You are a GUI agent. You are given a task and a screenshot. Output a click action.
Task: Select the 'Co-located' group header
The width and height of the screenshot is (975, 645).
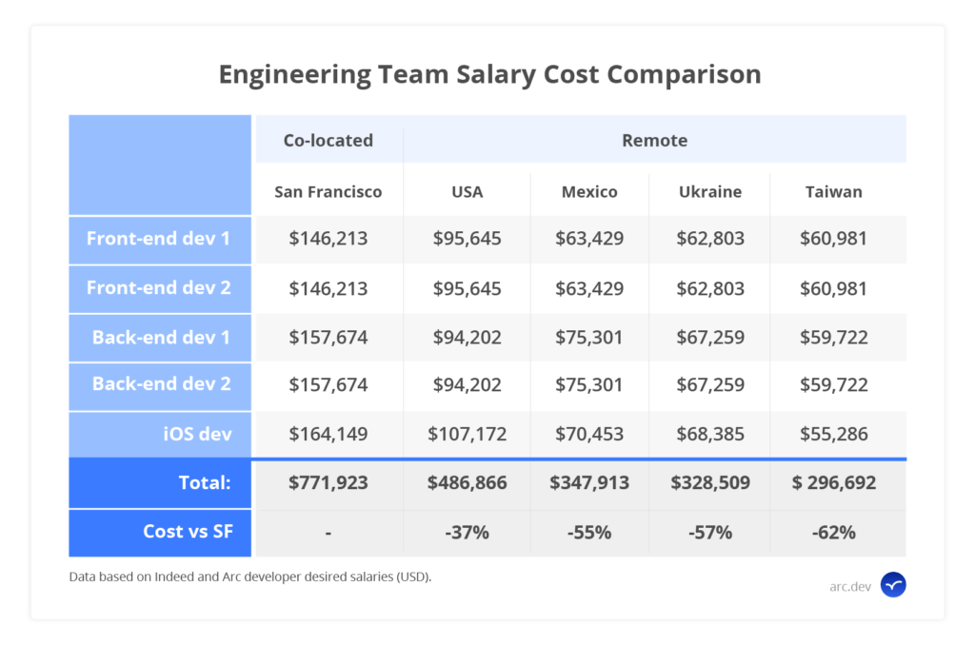(x=328, y=141)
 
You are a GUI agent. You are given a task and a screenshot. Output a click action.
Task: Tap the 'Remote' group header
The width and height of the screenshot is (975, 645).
(x=654, y=141)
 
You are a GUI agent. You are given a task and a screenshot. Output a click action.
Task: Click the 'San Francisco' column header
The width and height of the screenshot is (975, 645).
(x=328, y=191)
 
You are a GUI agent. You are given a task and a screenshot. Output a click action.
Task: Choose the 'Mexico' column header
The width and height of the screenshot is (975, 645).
(x=588, y=191)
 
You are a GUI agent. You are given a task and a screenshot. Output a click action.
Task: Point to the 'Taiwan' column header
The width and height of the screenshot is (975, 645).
(x=833, y=191)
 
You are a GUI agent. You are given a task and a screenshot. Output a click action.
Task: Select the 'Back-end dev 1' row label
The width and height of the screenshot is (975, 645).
(x=161, y=337)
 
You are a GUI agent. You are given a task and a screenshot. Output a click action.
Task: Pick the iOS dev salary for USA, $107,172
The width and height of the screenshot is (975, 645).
(x=467, y=435)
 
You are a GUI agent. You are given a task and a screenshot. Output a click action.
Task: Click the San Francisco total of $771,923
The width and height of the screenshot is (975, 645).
(x=328, y=483)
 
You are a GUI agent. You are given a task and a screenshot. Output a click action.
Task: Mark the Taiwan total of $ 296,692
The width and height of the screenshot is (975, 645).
(x=833, y=483)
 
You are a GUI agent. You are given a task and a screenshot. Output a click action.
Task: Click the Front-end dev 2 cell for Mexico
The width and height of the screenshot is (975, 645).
(x=588, y=287)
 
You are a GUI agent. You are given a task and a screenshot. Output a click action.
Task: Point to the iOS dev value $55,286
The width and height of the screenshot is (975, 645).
(x=833, y=435)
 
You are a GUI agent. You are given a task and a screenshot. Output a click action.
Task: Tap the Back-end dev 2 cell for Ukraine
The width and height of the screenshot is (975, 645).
(x=710, y=385)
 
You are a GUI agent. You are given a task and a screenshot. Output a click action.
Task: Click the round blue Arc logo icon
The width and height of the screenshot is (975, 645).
(x=893, y=585)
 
